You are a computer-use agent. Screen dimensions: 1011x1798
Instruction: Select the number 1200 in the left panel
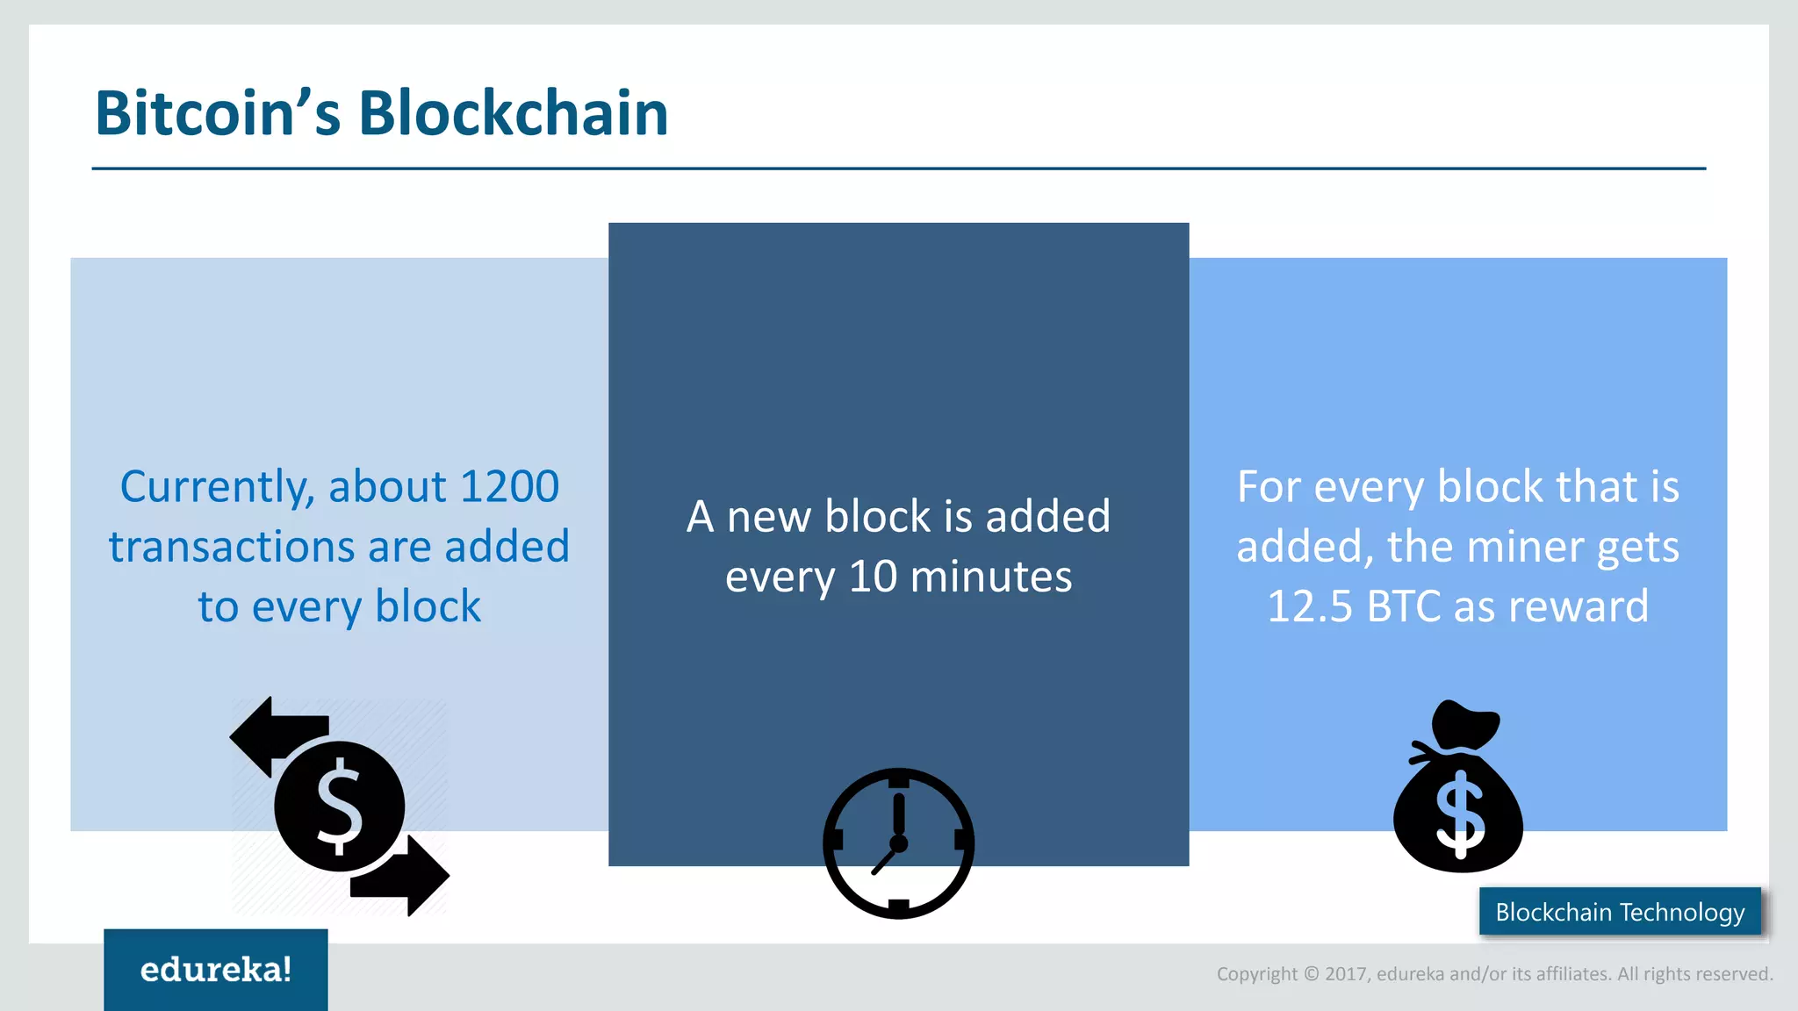coord(508,487)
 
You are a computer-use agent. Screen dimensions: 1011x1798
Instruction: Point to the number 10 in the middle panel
coord(873,577)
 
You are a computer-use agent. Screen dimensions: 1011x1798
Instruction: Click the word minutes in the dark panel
coord(991,577)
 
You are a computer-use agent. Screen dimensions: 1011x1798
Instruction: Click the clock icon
coord(898,842)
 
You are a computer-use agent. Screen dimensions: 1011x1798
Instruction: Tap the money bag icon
coord(1458,794)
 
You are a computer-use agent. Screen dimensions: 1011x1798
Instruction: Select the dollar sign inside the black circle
coord(339,807)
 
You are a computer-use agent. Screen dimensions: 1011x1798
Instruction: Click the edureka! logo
coord(216,969)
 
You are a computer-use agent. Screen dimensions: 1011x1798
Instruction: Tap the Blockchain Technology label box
coord(1620,912)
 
